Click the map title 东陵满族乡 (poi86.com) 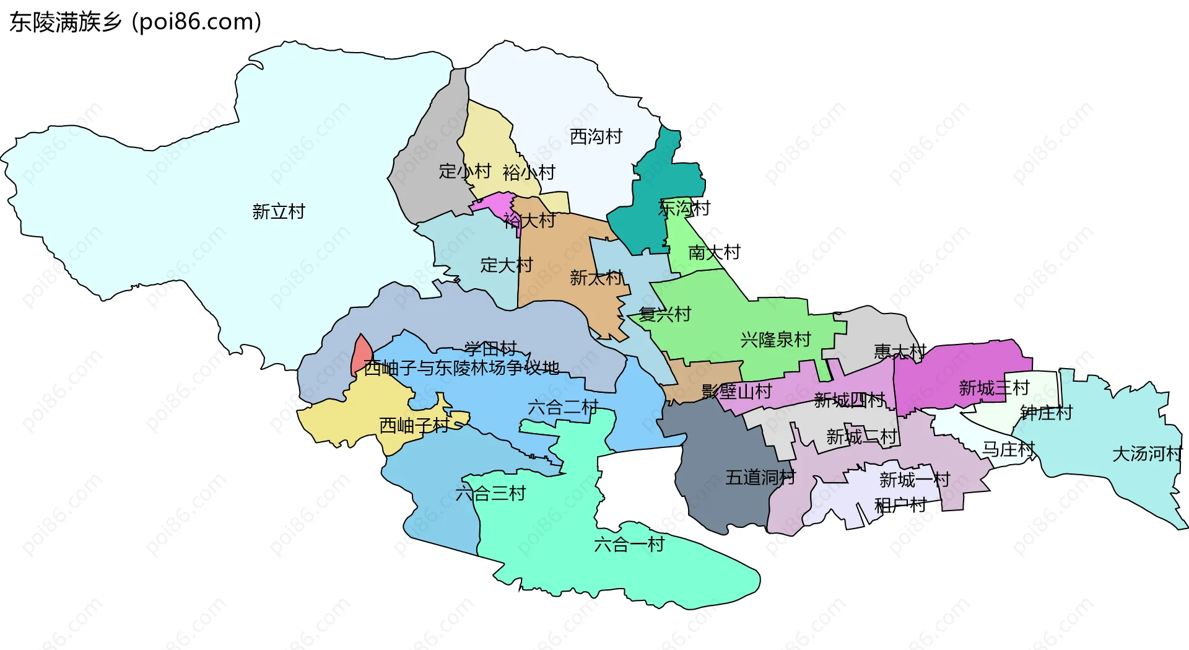click(135, 22)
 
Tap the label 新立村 click(279, 212)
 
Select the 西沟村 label click(596, 136)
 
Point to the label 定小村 click(464, 171)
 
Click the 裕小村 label click(529, 173)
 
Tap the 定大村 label click(507, 265)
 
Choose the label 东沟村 click(684, 208)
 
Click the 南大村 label click(714, 253)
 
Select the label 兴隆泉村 click(775, 340)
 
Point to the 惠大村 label click(900, 352)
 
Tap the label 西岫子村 click(414, 426)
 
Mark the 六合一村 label click(629, 545)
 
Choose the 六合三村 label click(490, 494)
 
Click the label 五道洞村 click(760, 477)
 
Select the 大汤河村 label click(1147, 454)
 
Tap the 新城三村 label click(994, 389)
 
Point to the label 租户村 click(900, 506)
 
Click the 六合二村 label click(563, 408)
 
